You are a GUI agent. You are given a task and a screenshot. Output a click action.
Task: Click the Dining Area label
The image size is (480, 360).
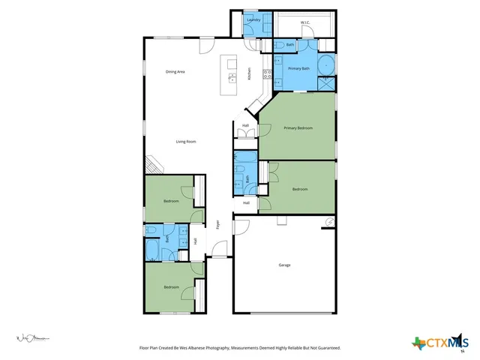click(175, 71)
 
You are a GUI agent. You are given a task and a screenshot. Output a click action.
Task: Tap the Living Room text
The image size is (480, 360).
click(186, 141)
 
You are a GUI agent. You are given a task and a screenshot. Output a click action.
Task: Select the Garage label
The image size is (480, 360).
click(284, 265)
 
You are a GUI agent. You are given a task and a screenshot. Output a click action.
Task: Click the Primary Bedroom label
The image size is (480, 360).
click(298, 128)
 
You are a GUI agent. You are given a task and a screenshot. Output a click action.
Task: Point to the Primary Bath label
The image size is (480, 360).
click(299, 69)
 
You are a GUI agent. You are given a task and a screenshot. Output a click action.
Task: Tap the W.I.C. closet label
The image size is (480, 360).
click(305, 22)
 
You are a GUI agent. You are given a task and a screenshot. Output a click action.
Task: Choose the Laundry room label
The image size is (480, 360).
click(253, 20)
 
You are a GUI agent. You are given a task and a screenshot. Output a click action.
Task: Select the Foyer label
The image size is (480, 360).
click(218, 223)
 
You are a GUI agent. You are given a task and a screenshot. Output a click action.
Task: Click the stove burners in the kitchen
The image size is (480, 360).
click(266, 73)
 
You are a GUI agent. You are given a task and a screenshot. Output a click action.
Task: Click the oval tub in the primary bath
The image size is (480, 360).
click(328, 64)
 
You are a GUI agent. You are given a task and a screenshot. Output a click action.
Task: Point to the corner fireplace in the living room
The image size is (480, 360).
click(151, 164)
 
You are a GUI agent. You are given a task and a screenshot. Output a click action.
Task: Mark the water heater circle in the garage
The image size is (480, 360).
click(328, 220)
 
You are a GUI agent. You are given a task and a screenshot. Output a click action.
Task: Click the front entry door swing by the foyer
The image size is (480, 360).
click(217, 248)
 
